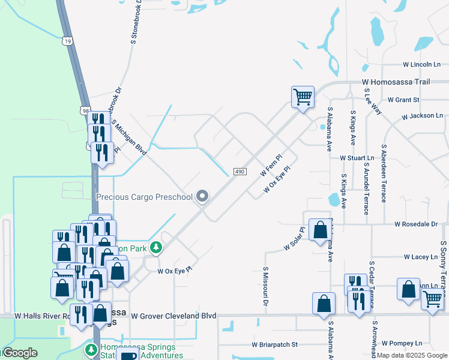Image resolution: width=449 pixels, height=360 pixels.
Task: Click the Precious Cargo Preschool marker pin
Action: tap(203, 196)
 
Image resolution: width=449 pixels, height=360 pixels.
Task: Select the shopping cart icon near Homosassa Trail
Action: tap(303, 96)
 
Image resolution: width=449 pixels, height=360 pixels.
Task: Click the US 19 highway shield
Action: tap(67, 41)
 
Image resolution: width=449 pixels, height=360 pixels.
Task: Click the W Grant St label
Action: tap(403, 100)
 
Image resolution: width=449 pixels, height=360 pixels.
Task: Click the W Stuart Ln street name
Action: tap(357, 158)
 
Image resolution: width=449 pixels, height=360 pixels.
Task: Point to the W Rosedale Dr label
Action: tap(416, 224)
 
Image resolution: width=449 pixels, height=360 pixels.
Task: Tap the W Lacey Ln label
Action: tap(421, 257)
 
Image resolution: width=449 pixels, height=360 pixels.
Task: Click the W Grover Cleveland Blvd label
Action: tap(173, 316)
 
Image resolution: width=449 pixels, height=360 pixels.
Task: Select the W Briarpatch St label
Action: tap(275, 345)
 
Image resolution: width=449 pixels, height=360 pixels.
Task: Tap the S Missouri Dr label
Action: tap(265, 286)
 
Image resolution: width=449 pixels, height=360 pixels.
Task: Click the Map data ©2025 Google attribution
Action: tap(412, 355)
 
